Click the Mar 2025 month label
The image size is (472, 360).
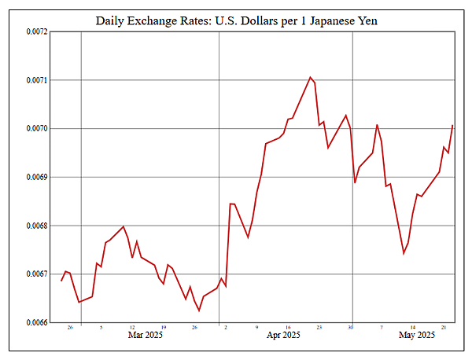coord(145,336)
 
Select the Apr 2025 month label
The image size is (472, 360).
coord(283,336)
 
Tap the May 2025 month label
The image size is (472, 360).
coord(417,336)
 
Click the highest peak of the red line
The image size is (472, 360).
coord(310,77)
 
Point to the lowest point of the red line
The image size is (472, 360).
coord(199,310)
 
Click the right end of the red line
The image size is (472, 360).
coord(452,126)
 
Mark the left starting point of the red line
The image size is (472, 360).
coord(61,281)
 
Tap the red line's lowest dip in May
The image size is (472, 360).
coord(404,253)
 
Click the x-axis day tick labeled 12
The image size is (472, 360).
coord(132,327)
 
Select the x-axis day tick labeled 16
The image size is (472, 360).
coord(289,327)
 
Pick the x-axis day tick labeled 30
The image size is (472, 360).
coord(351,327)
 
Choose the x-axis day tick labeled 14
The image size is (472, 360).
coord(413,327)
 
